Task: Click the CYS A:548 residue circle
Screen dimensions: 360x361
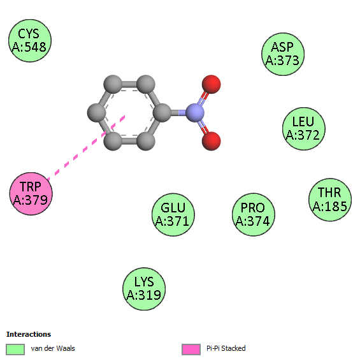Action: [30, 41]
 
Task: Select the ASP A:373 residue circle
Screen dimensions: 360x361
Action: [283, 54]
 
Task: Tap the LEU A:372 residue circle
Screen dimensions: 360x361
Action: [304, 129]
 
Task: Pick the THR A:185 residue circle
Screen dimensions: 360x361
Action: [330, 200]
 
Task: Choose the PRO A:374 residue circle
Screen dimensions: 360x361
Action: [254, 214]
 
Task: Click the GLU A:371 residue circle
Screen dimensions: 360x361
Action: [173, 214]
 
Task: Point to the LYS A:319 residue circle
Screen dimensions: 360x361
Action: [144, 289]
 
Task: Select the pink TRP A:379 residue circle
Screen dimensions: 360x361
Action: [31, 194]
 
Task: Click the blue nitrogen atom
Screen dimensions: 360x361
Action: [195, 113]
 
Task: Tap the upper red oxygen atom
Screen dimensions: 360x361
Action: [211, 84]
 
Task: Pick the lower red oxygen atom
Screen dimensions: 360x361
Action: [211, 141]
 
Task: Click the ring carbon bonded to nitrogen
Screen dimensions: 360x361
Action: [162, 113]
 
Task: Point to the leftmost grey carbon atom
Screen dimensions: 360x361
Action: [97, 113]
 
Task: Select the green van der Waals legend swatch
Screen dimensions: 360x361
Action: [15, 350]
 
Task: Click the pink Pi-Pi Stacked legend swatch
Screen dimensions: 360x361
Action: [191, 350]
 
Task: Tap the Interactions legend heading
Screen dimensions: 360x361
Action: [29, 334]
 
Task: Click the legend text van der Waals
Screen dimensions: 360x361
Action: [53, 348]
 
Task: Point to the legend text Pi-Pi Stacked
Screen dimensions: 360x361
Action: [226, 348]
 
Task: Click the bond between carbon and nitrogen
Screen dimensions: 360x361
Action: [178, 113]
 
